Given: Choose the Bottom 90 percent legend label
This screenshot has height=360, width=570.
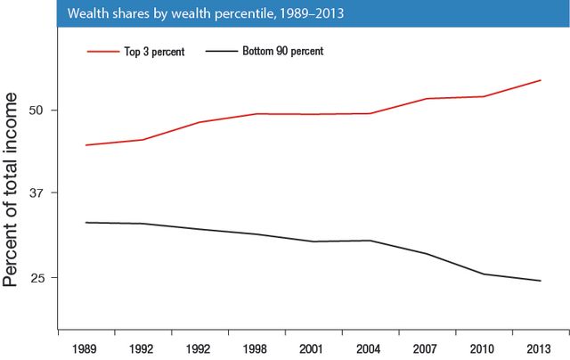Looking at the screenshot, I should coord(282,52).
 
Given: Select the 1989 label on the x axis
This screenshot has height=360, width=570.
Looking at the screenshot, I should coord(85,348).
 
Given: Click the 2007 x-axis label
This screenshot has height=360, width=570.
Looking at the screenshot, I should coord(427,348).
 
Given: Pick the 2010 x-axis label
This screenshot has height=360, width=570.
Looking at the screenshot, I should coord(484,348).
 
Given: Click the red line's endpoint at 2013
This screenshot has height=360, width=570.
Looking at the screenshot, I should coord(541,80).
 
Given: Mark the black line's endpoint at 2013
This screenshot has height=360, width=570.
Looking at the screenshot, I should coord(541,281).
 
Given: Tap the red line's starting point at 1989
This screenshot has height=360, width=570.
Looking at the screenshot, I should coord(85,144).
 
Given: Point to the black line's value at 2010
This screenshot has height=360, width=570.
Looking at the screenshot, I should coord(484,274).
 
